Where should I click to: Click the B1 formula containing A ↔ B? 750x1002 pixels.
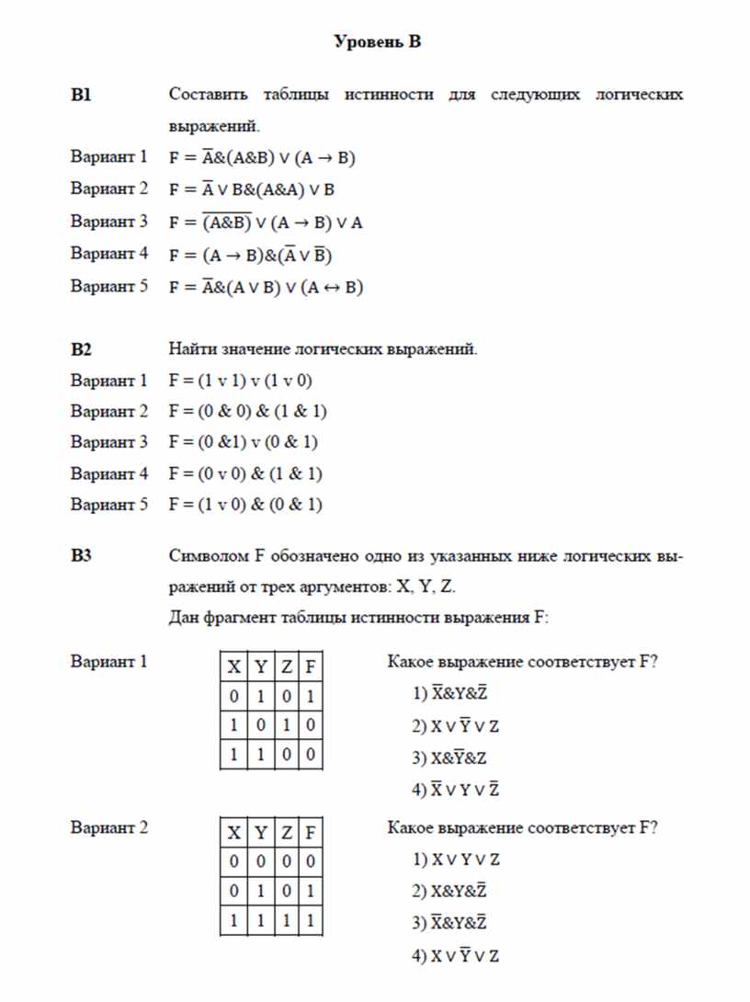click(x=267, y=287)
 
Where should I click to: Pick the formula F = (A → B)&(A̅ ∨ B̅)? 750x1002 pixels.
click(x=260, y=255)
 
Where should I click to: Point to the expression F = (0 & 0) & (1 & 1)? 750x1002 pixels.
click(x=248, y=412)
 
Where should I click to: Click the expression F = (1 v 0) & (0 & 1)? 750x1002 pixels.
click(x=245, y=506)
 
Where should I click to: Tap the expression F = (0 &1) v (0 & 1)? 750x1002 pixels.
click(x=244, y=443)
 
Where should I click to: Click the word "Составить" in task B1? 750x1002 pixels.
click(x=208, y=95)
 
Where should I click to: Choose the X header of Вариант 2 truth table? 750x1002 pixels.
click(x=234, y=833)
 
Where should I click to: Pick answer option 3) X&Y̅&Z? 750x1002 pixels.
click(x=449, y=757)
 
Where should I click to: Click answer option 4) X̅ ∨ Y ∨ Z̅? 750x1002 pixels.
click(x=456, y=789)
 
